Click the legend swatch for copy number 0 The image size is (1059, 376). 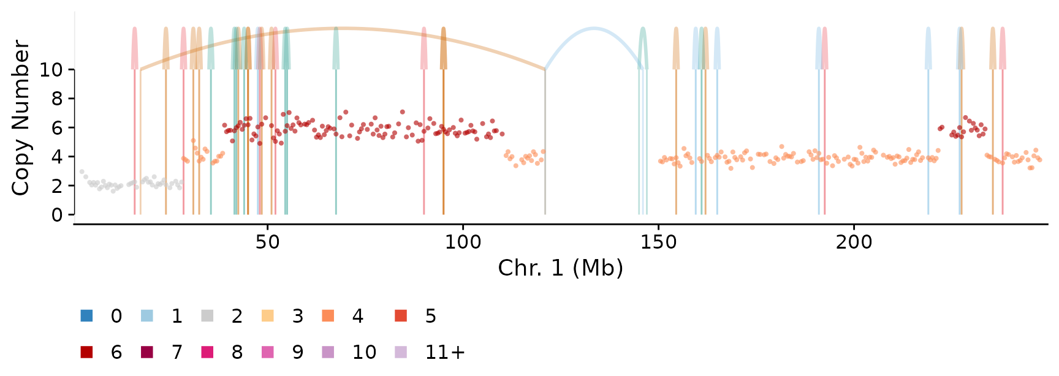point(86,316)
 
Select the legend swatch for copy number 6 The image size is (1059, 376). point(86,352)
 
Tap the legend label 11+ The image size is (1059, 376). point(445,352)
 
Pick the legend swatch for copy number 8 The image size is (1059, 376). point(207,352)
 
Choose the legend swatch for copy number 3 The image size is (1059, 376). point(267,316)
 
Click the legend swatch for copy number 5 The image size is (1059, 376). point(401,316)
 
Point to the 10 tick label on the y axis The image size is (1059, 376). point(51,70)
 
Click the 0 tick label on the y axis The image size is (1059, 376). point(57,215)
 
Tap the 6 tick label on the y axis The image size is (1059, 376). point(57,128)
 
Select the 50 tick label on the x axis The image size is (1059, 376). point(267,242)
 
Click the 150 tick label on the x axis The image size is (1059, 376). point(659,242)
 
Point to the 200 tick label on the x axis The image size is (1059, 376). point(854,242)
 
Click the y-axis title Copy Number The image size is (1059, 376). point(21,118)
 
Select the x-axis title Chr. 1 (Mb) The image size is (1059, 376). point(561,268)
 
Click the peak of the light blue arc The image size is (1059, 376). point(593,28)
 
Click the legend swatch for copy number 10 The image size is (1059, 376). point(328,352)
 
